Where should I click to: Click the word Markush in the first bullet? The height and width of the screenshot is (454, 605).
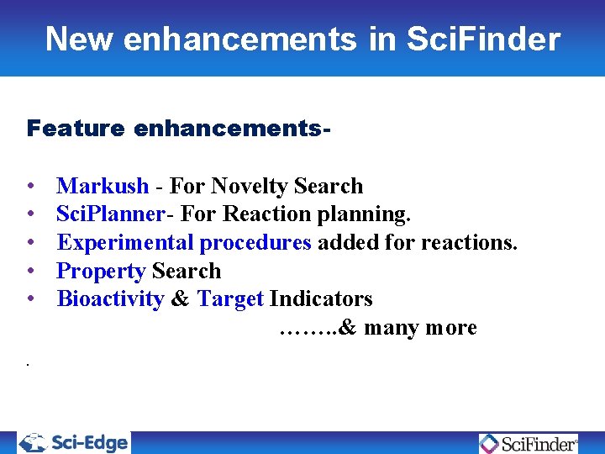point(103,186)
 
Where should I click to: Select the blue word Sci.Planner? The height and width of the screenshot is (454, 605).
point(110,214)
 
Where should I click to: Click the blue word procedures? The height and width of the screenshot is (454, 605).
point(255,243)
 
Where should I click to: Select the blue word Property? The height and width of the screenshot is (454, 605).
point(101,272)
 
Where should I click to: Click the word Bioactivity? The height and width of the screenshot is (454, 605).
point(110,299)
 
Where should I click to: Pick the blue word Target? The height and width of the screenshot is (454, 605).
point(230,299)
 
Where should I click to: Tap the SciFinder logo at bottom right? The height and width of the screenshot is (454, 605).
point(529,443)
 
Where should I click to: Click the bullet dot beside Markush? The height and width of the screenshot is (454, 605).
point(31,187)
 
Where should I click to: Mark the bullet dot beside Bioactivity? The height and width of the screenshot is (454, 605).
point(31,300)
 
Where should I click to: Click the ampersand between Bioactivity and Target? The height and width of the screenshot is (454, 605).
point(180,299)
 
